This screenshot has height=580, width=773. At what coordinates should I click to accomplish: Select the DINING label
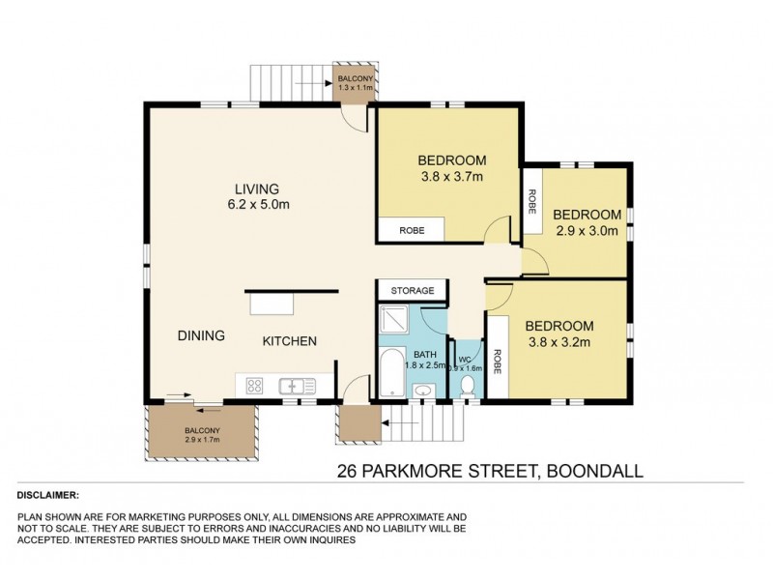(x=201, y=335)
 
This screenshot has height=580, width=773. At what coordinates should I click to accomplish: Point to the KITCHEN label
(x=291, y=341)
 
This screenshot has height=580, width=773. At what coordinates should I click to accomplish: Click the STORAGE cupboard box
(x=412, y=290)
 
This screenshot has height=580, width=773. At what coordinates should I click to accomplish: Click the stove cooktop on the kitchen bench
(x=255, y=386)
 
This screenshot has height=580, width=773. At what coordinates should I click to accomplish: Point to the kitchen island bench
(x=272, y=304)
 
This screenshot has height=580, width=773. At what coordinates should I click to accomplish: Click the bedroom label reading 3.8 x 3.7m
(x=451, y=168)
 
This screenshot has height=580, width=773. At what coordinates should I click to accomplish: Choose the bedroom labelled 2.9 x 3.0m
(x=586, y=222)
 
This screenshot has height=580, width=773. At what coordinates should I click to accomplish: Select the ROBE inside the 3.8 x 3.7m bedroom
(x=411, y=229)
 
